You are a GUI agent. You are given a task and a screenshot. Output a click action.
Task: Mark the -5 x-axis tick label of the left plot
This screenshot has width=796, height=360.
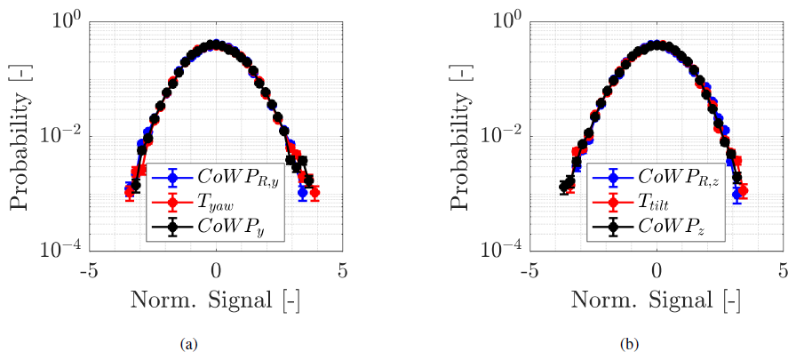pyautogui.click(x=86, y=272)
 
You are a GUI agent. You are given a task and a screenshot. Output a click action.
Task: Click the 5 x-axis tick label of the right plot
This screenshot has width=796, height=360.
pyautogui.click(x=783, y=272)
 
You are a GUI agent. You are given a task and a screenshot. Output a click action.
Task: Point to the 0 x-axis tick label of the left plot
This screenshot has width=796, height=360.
pyautogui.click(x=216, y=272)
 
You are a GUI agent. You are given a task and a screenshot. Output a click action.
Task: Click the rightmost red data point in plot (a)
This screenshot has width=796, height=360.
pyautogui.click(x=315, y=192)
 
